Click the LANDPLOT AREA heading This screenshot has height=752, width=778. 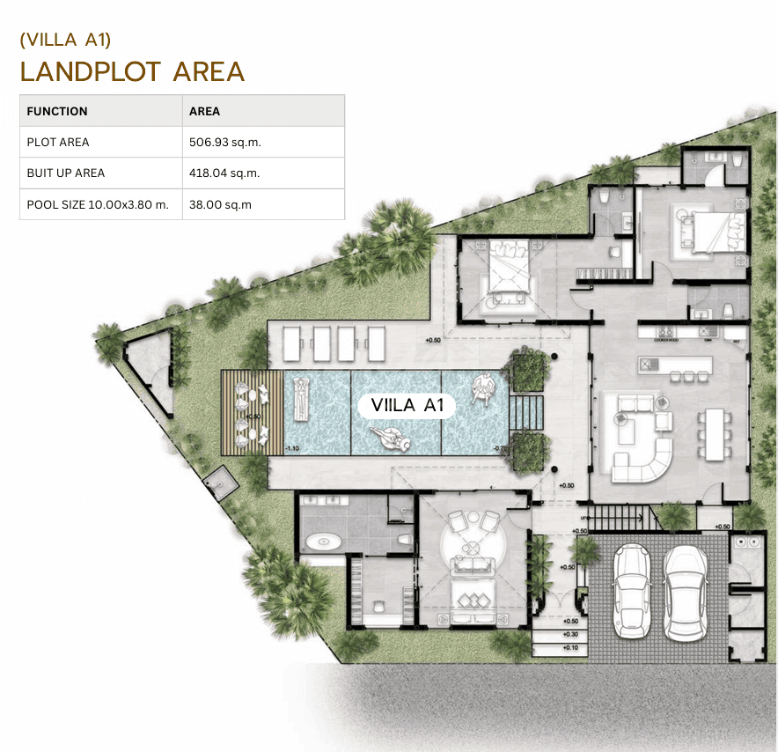(132, 71)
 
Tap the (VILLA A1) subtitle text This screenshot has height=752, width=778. (65, 39)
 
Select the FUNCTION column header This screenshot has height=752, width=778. (57, 112)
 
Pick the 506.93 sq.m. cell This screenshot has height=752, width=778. (225, 142)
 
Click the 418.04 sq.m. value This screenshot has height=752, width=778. (224, 173)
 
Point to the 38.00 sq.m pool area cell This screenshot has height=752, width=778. (220, 205)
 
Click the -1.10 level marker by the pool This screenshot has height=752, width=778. (293, 448)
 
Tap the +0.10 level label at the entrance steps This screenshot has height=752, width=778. (570, 649)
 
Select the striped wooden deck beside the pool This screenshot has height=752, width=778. (251, 412)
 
